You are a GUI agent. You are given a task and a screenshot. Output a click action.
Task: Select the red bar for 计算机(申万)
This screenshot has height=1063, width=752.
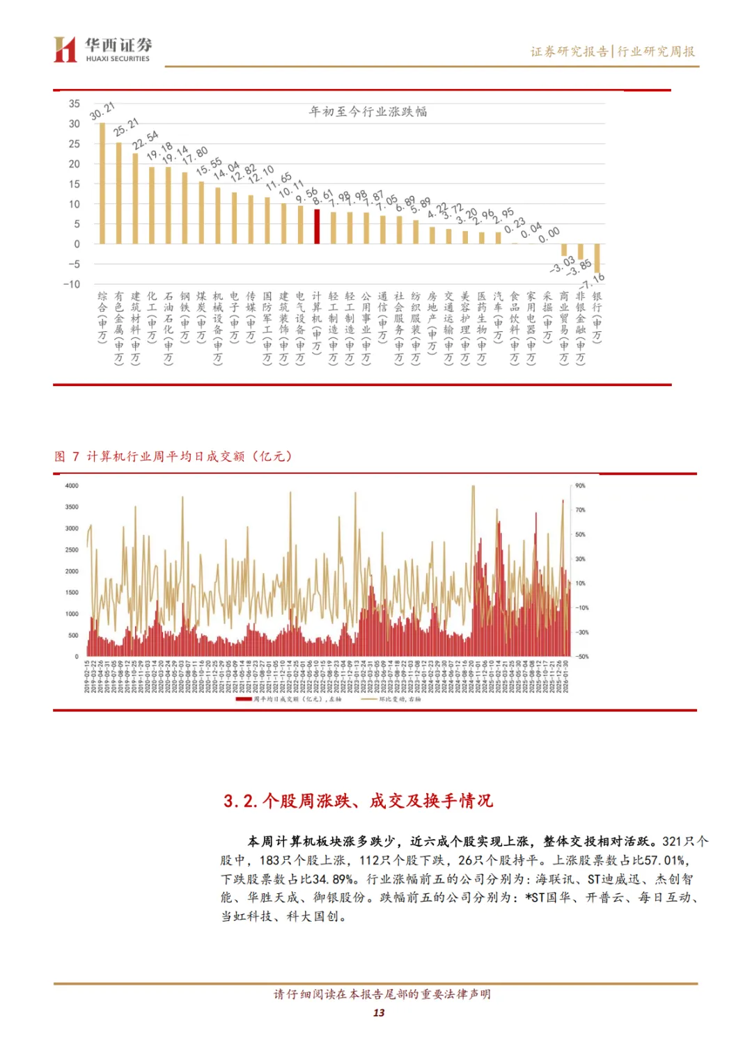pos(317,227)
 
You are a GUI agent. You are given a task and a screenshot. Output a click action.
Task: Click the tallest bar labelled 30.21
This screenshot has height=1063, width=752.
pos(102,184)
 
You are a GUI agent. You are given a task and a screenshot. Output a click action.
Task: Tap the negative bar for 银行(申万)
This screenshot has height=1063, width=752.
pos(597,257)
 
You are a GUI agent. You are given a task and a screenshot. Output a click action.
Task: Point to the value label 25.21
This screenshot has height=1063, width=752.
pos(126,127)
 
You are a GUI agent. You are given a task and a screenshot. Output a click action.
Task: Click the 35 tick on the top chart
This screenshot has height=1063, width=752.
pos(74,104)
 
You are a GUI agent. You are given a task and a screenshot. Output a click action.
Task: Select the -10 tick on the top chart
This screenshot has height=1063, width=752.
pos(72,284)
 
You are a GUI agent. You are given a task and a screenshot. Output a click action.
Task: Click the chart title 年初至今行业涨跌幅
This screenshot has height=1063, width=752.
pos(368,111)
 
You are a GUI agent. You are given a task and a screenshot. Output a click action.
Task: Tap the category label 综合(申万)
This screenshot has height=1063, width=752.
pos(102,317)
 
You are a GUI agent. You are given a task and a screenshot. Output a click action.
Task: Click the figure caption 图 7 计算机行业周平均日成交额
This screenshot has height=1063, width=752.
pos(173,456)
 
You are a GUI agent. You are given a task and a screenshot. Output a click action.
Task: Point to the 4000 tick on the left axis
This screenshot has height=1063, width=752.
pos(72,486)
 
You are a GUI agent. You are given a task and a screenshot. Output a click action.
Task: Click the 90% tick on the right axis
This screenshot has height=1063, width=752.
pos(581,486)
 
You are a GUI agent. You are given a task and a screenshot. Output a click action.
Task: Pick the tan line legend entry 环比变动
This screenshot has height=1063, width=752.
pos(391,699)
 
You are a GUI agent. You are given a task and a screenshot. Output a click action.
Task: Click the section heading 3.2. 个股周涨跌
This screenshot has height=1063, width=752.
pos(358,801)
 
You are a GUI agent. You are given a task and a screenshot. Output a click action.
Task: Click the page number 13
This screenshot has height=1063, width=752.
pos(379,1013)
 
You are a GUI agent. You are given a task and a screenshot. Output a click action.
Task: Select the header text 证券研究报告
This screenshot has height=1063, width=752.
pos(569,51)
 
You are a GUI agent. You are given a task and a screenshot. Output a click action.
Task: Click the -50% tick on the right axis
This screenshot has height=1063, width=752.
pos(581,656)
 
